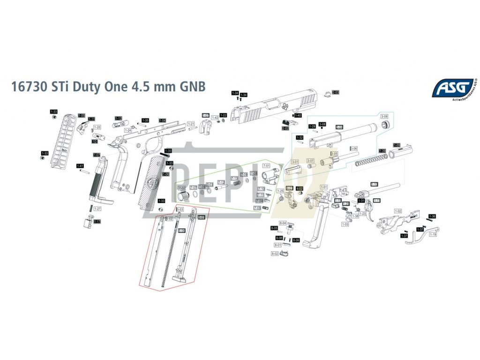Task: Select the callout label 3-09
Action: pyautogui.click(x=384, y=116)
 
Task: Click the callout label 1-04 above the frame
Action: pyautogui.click(x=162, y=120)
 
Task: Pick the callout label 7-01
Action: pyautogui.click(x=266, y=166)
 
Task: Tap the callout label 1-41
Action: pyautogui.click(x=80, y=166)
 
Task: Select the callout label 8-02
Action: pyautogui.click(x=275, y=253)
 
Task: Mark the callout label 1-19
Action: pyautogui.click(x=432, y=234)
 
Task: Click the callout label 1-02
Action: pyautogui.click(x=398, y=211)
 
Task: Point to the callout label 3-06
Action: pyautogui.click(x=354, y=148)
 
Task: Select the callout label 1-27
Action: pyautogui.click(x=97, y=208)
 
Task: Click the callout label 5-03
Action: pyautogui.click(x=180, y=209)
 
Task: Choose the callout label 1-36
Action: pyautogui.click(x=432, y=217)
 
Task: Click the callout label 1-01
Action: pyautogui.click(x=323, y=187)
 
